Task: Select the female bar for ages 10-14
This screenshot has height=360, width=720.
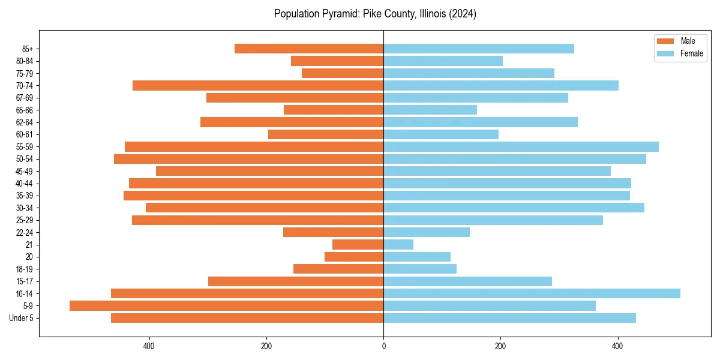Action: pos(532,293)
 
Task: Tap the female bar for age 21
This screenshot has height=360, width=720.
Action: pos(398,244)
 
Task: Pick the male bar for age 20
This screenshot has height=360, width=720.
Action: pos(354,257)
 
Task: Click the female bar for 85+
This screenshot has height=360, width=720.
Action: pos(479,49)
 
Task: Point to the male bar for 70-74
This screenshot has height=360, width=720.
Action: pos(258,85)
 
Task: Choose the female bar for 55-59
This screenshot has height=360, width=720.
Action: pos(521,146)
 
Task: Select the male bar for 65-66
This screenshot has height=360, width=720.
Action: pos(334,110)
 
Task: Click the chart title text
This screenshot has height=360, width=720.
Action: pos(375,14)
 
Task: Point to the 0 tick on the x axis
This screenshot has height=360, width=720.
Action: pos(383,346)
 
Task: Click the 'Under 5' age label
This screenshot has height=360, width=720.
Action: pos(21,318)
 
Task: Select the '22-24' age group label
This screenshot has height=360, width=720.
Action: pos(25,232)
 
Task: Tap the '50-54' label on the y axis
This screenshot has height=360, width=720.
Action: pos(25,159)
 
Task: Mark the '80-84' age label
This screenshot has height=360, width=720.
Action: pos(25,61)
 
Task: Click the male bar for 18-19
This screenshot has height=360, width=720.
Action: pos(338,269)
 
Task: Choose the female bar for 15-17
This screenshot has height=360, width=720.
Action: pos(467,281)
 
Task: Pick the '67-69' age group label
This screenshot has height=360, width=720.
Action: pos(25,98)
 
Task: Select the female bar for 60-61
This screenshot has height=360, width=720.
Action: pos(441,134)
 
